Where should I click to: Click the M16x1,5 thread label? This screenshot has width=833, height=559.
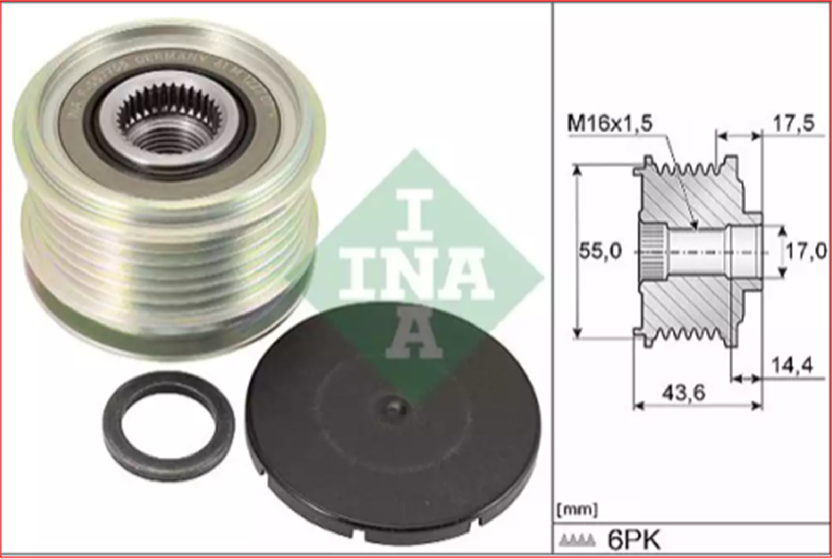609,124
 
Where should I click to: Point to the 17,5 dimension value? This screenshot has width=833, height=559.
793,124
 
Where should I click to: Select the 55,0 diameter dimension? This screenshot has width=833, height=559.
600,252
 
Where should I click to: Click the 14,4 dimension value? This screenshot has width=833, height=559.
791,366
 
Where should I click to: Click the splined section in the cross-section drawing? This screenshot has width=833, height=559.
651,253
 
